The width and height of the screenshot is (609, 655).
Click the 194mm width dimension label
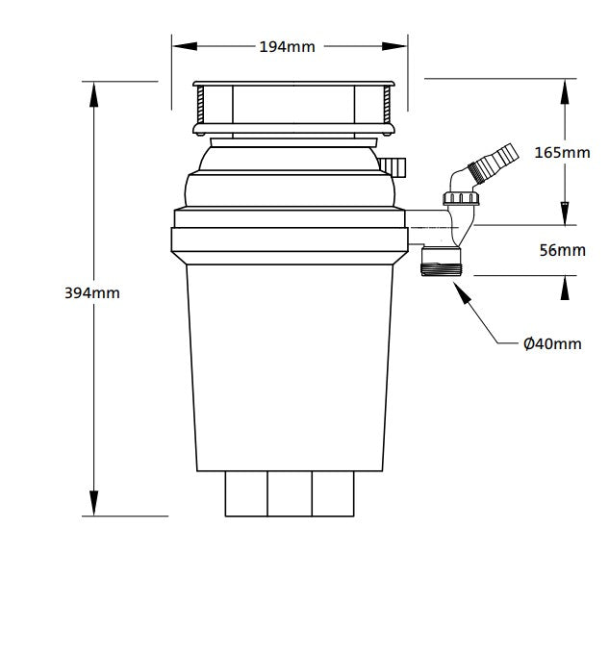[287, 46]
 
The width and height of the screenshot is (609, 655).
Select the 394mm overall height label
[92, 292]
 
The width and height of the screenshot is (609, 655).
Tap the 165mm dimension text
[562, 153]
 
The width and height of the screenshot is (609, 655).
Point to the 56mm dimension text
[562, 251]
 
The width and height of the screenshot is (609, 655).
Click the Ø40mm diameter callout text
[552, 343]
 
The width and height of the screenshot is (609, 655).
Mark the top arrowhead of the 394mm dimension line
[94, 91]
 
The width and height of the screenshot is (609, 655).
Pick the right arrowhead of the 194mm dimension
[397, 46]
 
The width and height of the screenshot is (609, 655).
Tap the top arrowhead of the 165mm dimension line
[565, 89]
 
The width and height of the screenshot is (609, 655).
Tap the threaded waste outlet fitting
[443, 262]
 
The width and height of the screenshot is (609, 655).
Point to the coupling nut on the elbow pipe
[461, 199]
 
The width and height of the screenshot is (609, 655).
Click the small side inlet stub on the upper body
[393, 166]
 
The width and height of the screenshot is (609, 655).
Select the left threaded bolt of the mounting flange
[200, 106]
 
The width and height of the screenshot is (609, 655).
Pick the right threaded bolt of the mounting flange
[387, 106]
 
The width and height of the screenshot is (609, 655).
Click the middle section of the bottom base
[291, 494]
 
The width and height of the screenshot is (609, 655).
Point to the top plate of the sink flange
[292, 86]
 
